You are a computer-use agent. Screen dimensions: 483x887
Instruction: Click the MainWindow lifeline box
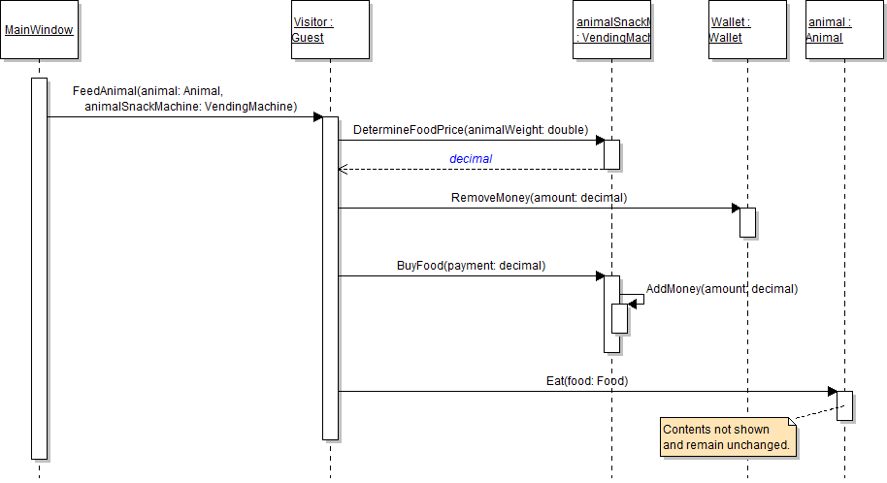(39, 30)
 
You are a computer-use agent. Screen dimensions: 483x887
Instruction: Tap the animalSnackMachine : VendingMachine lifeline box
(611, 30)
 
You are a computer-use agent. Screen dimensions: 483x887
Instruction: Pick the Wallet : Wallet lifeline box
(747, 30)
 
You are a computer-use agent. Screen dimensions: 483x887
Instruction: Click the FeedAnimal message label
(184, 98)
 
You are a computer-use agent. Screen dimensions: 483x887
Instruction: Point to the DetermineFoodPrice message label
(471, 129)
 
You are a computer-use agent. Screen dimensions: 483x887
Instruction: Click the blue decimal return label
(471, 158)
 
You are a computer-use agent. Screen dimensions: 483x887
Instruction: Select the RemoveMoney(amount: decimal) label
(539, 197)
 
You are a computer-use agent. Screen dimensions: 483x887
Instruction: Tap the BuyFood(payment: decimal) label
(471, 265)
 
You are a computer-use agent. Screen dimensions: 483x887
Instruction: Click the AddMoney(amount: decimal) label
(722, 288)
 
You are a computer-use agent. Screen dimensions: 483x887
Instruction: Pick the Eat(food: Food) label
(587, 381)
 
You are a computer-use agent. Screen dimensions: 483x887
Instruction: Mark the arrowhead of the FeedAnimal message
(317, 116)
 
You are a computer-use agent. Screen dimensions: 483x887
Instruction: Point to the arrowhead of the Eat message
(832, 392)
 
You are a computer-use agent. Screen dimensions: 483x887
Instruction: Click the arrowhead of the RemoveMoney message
(735, 208)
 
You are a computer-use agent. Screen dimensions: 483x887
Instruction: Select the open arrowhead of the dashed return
(342, 169)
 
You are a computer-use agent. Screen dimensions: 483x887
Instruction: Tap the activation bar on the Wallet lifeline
(747, 222)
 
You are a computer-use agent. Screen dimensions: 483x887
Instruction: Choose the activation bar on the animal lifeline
(844, 405)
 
